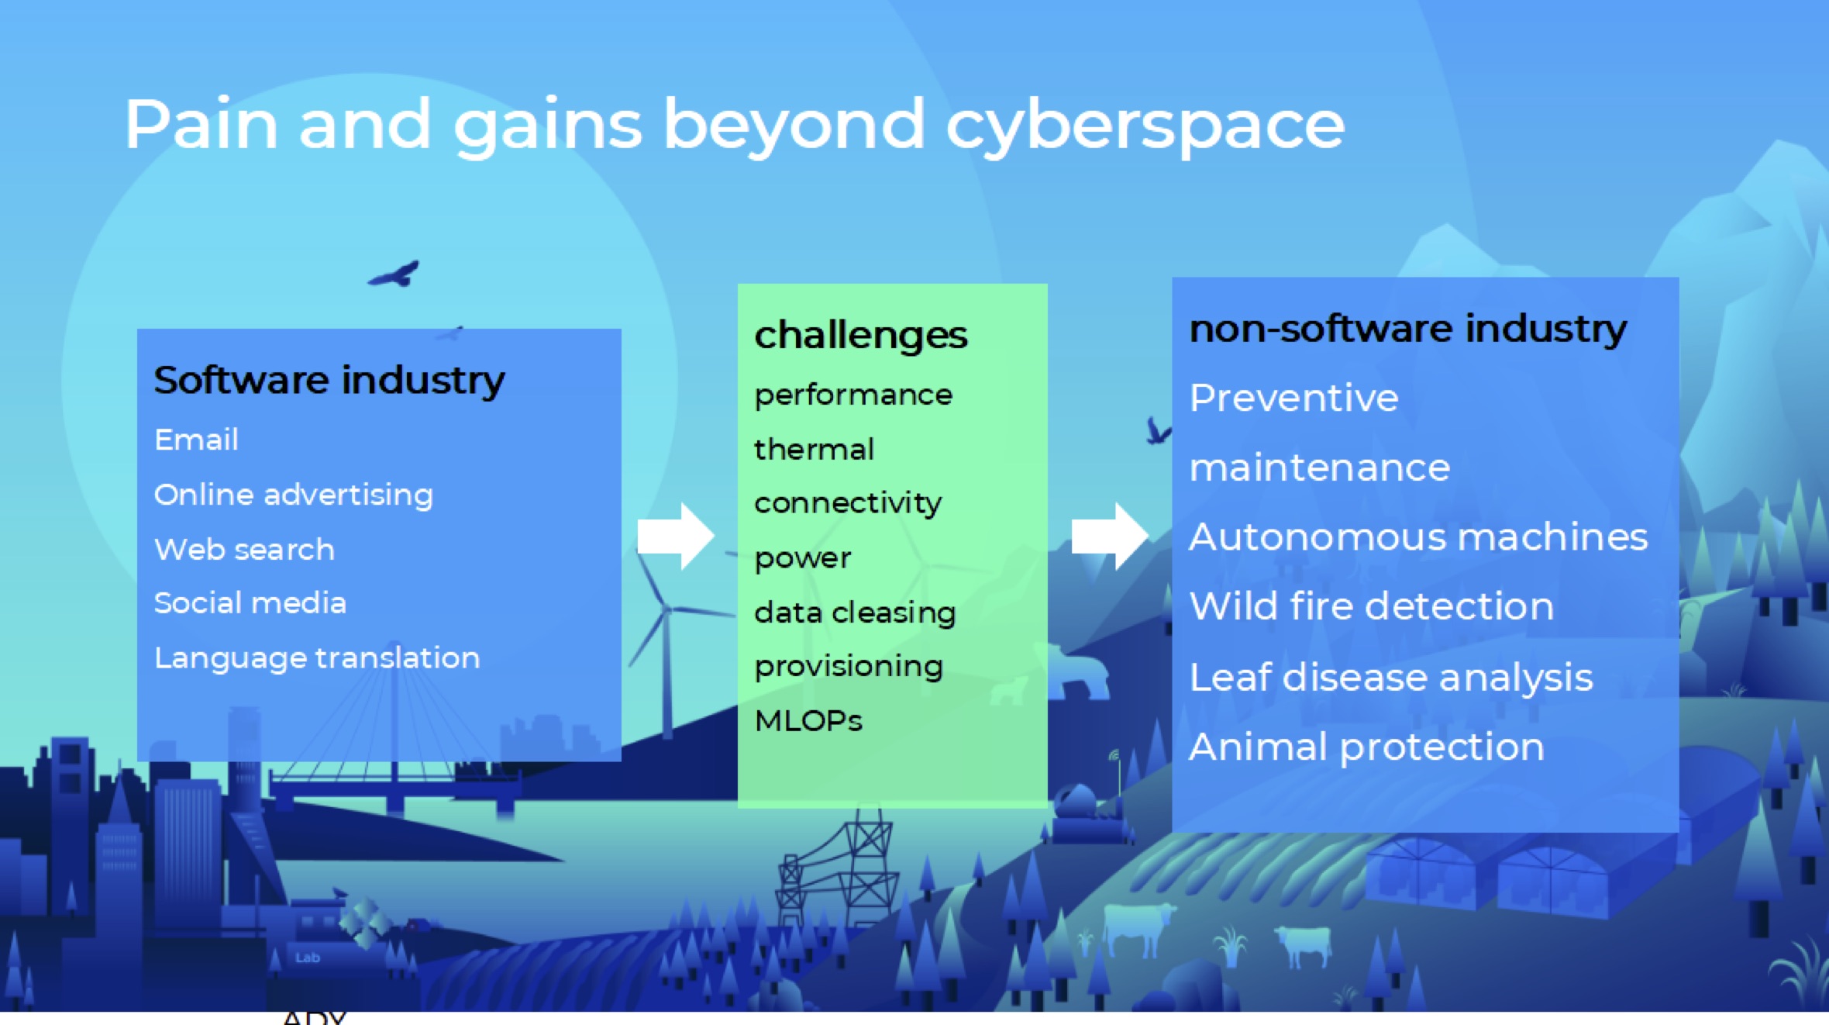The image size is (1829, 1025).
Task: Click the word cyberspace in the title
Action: pyautogui.click(x=1145, y=126)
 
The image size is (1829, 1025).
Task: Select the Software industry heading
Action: pyautogui.click(x=329, y=381)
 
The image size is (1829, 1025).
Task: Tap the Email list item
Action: pyautogui.click(x=196, y=440)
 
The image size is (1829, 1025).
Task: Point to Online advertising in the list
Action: pyautogui.click(x=294, y=495)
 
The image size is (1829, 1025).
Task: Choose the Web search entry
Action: pyautogui.click(x=244, y=549)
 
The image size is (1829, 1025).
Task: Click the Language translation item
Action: pyautogui.click(x=317, y=658)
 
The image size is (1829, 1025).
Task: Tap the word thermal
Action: pyautogui.click(x=814, y=449)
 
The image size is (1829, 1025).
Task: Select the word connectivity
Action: pyautogui.click(x=848, y=504)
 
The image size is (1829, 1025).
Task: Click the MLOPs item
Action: pyautogui.click(x=808, y=720)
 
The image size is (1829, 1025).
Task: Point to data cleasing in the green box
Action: pyautogui.click(x=855, y=613)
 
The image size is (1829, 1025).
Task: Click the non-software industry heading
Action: pyautogui.click(x=1408, y=329)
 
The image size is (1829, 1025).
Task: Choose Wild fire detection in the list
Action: pyautogui.click(x=1372, y=606)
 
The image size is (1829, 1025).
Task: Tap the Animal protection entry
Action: pyautogui.click(x=1367, y=747)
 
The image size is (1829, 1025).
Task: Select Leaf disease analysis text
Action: pyautogui.click(x=1391, y=678)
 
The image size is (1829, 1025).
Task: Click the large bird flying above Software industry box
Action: pyautogui.click(x=394, y=274)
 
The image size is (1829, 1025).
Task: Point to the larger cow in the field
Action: pyautogui.click(x=1137, y=927)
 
